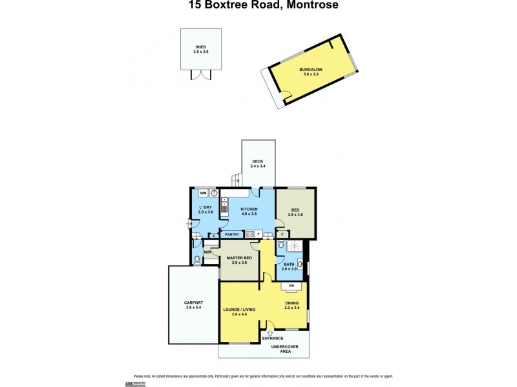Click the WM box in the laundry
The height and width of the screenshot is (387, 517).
click(x=202, y=193)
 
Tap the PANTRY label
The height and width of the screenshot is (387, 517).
click(x=232, y=234)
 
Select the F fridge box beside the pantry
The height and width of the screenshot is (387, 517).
click(x=258, y=234)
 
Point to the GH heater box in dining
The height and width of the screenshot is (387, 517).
click(x=291, y=286)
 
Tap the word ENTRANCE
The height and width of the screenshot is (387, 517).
click(x=273, y=338)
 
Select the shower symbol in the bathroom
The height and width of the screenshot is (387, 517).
click(x=295, y=246)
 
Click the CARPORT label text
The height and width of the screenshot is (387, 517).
click(x=193, y=303)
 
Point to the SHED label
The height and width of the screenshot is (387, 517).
click(x=201, y=47)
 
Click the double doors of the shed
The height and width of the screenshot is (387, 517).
click(x=201, y=75)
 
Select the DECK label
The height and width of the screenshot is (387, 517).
click(x=258, y=161)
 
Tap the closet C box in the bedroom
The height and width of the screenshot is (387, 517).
click(x=283, y=234)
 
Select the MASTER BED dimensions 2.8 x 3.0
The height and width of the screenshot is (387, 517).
click(x=238, y=263)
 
